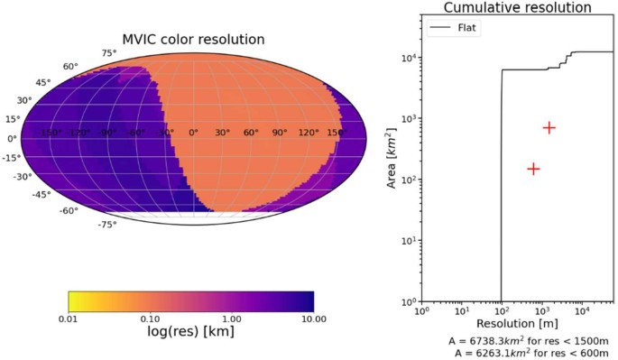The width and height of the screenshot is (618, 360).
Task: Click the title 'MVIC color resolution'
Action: click(193, 40)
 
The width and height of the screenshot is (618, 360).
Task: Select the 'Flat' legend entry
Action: click(467, 28)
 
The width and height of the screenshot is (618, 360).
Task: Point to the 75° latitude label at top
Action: click(108, 53)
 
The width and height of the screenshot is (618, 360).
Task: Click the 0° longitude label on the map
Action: click(192, 133)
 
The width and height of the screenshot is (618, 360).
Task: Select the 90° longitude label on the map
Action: click(278, 133)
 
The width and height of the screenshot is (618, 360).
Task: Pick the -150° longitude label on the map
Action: click(52, 133)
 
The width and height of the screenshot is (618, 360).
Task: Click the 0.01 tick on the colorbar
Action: click(69, 318)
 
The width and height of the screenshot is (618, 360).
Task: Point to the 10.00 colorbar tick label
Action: click(312, 318)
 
